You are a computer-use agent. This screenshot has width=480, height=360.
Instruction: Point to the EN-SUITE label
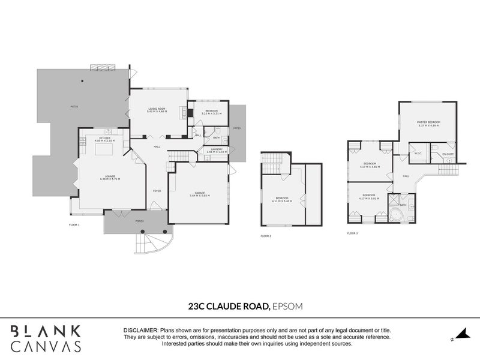(448, 154)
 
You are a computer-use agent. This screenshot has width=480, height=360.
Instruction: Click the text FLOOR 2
(266, 236)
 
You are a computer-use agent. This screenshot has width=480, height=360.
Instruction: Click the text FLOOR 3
(353, 233)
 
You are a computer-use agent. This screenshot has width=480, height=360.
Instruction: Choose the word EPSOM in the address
(287, 305)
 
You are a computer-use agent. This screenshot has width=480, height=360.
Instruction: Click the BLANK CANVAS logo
(46, 337)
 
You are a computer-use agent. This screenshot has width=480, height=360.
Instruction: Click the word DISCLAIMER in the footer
(140, 331)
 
